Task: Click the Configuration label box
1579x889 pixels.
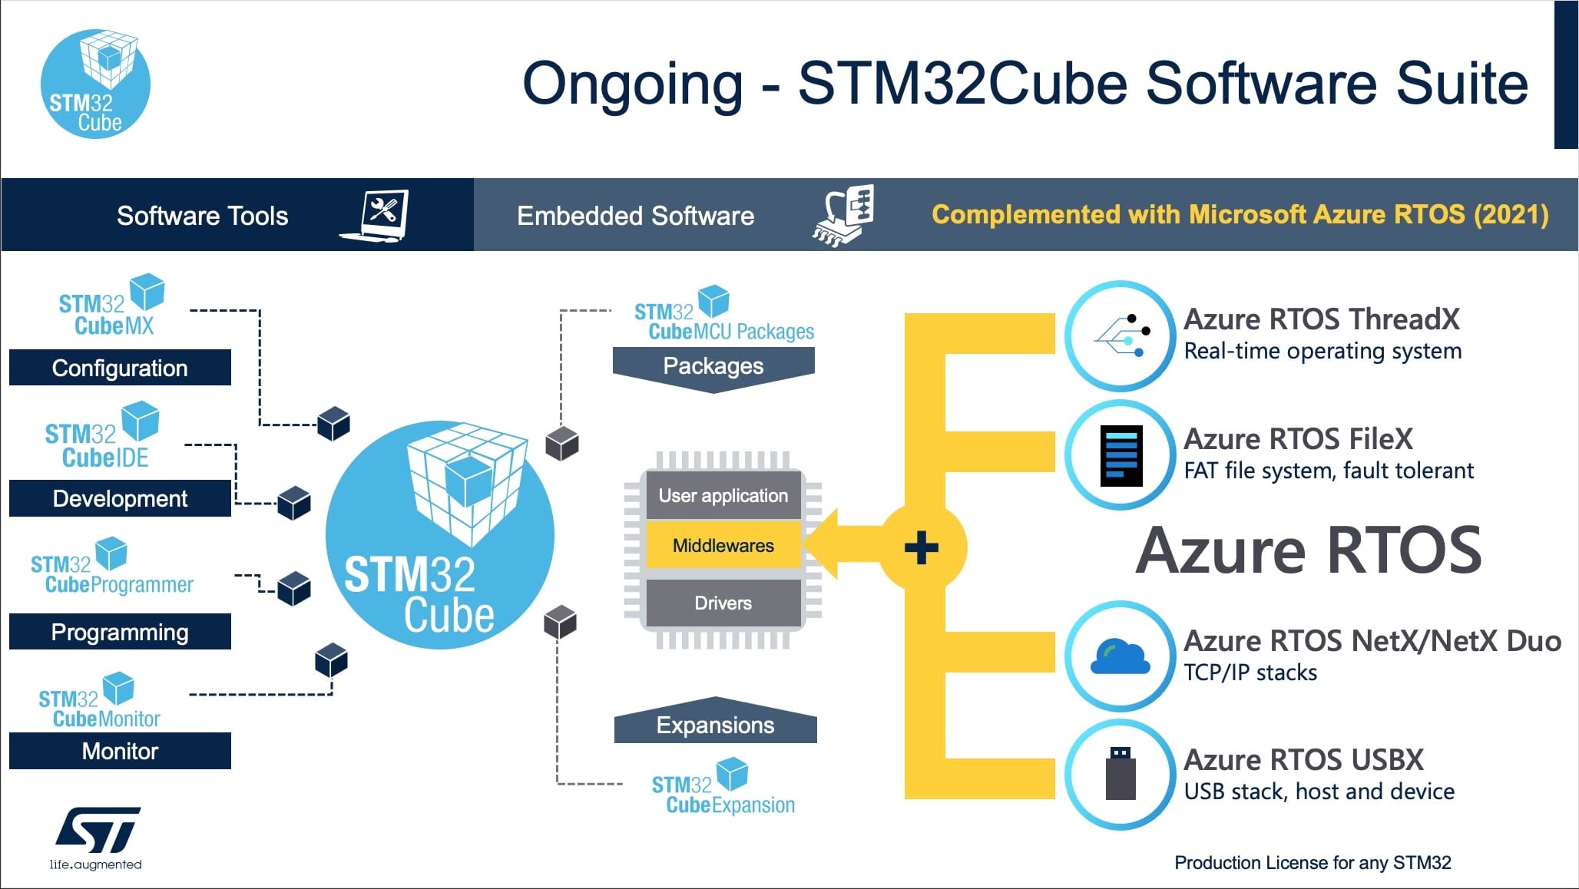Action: (x=120, y=368)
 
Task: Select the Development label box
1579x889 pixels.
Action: (x=120, y=498)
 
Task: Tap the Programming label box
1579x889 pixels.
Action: (x=120, y=632)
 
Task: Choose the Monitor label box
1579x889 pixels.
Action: (x=120, y=751)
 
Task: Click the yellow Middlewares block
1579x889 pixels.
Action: (x=723, y=546)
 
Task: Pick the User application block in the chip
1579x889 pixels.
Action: (x=723, y=495)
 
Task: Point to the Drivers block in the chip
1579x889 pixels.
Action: (x=723, y=603)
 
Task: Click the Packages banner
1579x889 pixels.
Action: (x=713, y=365)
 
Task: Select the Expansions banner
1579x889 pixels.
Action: (x=715, y=725)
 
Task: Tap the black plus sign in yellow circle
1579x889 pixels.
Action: (x=921, y=548)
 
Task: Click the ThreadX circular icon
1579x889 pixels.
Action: (x=1121, y=335)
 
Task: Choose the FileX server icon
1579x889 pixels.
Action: (x=1121, y=455)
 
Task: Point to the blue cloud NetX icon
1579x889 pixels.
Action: (x=1121, y=656)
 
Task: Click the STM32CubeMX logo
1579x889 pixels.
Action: (x=111, y=306)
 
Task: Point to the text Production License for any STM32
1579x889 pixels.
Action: (x=1312, y=863)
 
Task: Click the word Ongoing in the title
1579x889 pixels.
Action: (x=632, y=84)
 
